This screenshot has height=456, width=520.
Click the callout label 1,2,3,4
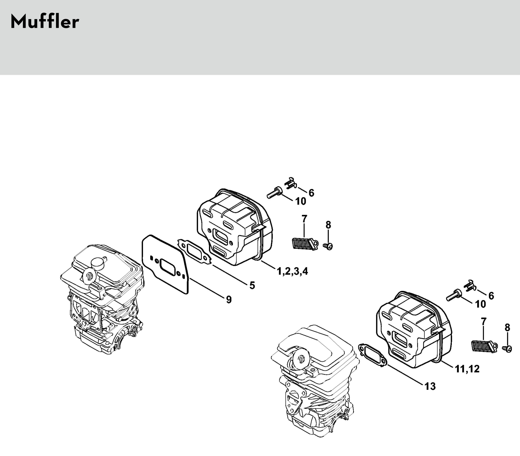(x=292, y=272)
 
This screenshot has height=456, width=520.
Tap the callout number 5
(x=252, y=286)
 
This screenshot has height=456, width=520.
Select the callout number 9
(x=229, y=300)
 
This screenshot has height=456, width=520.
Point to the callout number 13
(x=430, y=386)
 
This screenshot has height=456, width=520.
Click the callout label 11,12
(x=467, y=369)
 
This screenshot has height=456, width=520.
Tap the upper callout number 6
(x=311, y=193)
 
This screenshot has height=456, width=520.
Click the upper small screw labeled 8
(x=328, y=246)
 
